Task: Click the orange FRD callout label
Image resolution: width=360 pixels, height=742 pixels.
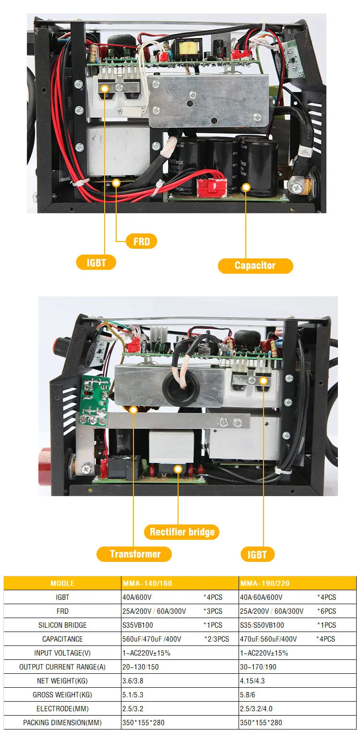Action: point(141,241)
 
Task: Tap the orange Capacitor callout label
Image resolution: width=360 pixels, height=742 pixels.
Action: point(255,266)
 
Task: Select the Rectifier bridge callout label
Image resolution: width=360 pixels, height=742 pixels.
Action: point(182,532)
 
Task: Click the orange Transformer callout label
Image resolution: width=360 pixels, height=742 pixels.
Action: point(134,554)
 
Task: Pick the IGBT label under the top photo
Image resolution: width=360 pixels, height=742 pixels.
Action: point(96,263)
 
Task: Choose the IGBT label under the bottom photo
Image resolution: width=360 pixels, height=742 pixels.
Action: point(257,555)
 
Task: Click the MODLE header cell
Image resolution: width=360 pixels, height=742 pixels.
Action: point(62,583)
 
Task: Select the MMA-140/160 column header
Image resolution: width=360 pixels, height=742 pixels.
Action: point(147,583)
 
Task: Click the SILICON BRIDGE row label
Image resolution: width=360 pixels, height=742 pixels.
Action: point(62,625)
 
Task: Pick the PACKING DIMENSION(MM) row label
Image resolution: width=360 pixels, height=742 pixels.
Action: point(62,722)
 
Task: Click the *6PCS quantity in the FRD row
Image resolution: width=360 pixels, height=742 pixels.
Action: point(326,611)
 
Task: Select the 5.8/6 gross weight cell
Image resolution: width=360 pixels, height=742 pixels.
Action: point(249,694)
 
